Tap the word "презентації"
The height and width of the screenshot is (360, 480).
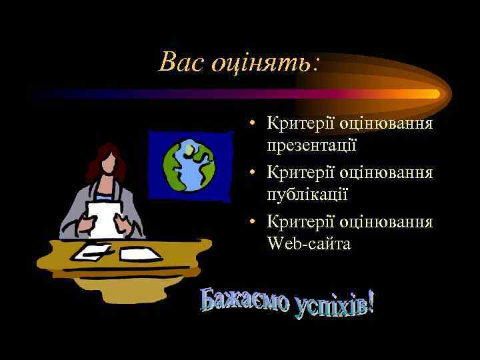click(312, 145)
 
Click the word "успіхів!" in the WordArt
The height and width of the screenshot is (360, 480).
click(331, 309)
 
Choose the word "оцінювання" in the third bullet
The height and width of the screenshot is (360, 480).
click(387, 222)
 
